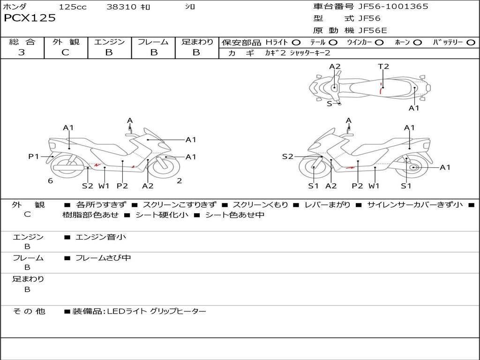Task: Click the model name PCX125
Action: pos(30,18)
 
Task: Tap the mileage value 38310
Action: pos(121,7)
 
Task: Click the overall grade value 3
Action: pos(22,52)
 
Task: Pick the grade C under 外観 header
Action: pos(66,52)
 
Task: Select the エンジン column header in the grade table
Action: pos(109,42)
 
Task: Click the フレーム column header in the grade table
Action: pos(153,42)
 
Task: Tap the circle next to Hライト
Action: pos(296,43)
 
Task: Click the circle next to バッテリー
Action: pos(471,43)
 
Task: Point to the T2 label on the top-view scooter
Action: pos(383,67)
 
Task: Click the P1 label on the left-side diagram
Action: pos(34,157)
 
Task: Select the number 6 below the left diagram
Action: pos(50,181)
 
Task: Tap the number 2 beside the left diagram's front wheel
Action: pos(179,181)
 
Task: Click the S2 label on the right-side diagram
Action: pos(287,157)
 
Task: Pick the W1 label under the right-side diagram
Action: pos(374,186)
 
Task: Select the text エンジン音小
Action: pos(101,237)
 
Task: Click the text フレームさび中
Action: pos(103,258)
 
